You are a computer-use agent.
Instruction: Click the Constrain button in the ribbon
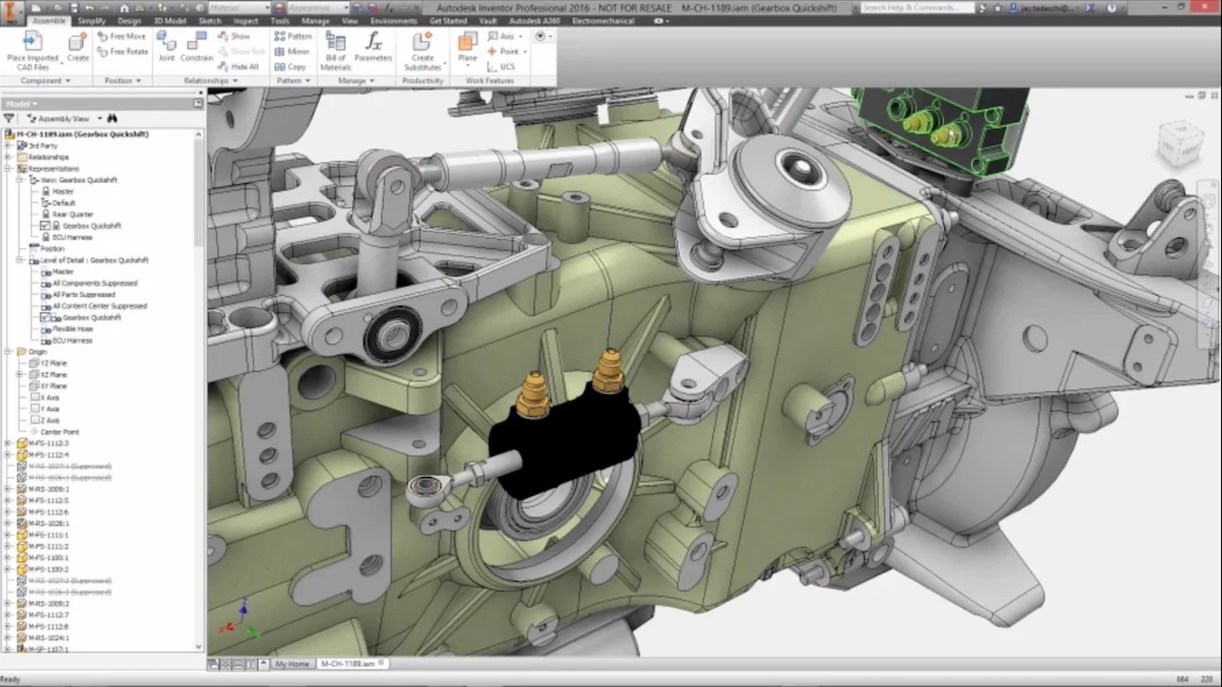coord(197,47)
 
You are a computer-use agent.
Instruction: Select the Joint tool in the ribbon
coord(166,47)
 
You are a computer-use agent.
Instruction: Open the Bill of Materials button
coord(335,51)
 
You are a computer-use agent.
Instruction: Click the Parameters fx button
coord(373,47)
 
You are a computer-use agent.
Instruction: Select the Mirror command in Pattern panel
coord(292,52)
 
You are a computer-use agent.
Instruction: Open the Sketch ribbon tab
coord(209,20)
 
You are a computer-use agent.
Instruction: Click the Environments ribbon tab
coord(393,20)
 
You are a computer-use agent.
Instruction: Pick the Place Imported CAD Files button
coord(32,51)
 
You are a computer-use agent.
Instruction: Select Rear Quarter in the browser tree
coord(73,215)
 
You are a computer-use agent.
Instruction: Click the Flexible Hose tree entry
coord(72,329)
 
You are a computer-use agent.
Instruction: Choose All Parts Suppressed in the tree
coord(84,295)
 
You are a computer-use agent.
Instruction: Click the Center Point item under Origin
coord(59,432)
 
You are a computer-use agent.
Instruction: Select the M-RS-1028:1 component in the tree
coord(49,524)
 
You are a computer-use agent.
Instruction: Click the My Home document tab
coord(292,663)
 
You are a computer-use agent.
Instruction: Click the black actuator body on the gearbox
coord(563,444)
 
